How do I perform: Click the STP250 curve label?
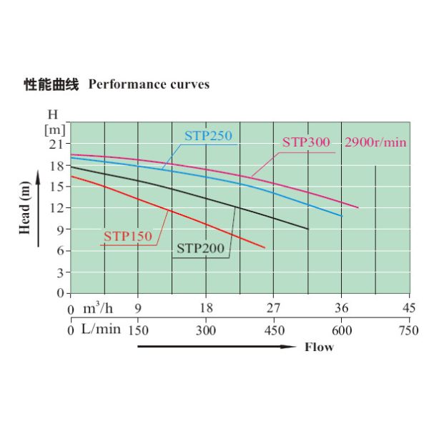[x=208, y=136]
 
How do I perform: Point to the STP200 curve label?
[x=201, y=249]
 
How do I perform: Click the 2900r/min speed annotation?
[x=375, y=142]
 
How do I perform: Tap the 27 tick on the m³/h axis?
[x=274, y=309]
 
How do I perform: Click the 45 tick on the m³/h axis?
[x=410, y=309]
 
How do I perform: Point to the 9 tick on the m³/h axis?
[x=138, y=309]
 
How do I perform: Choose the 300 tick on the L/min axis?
[x=206, y=330]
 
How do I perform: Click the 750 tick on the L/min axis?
[x=409, y=330]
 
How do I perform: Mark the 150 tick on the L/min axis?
[x=138, y=330]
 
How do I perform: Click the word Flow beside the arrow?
[x=319, y=347]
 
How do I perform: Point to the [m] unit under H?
[x=54, y=129]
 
